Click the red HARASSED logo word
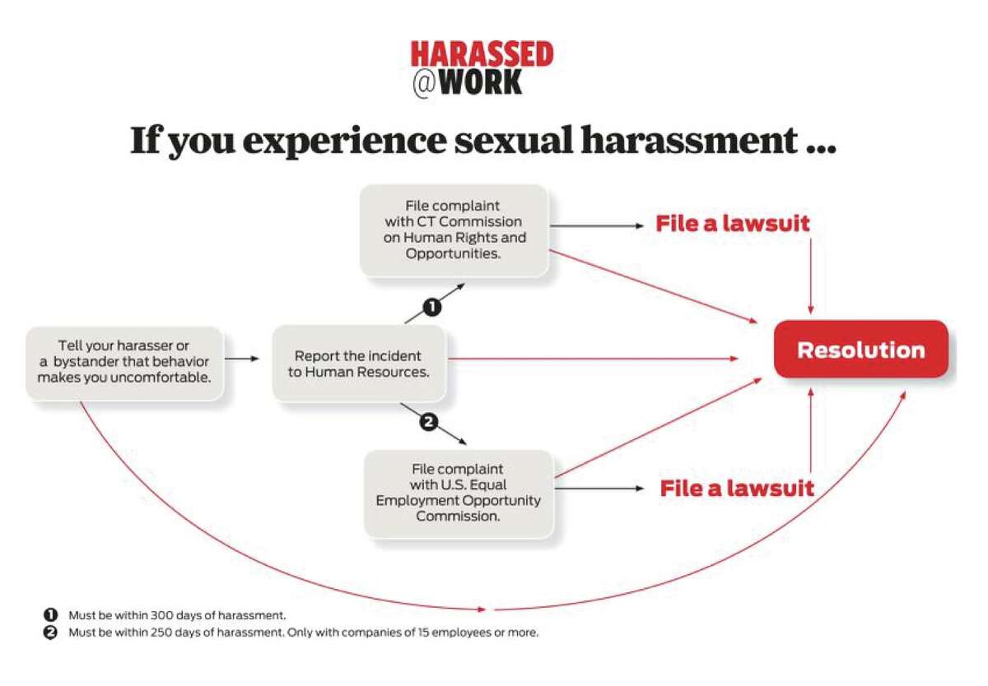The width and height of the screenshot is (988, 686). (x=482, y=53)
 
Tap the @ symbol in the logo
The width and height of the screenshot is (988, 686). (x=424, y=83)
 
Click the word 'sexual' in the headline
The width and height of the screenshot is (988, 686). (x=514, y=140)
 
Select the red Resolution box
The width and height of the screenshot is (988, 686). (x=861, y=350)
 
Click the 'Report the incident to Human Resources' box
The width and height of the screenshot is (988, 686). (x=359, y=364)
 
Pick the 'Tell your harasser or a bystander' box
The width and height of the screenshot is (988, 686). (x=124, y=362)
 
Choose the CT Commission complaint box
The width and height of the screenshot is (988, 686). (x=454, y=230)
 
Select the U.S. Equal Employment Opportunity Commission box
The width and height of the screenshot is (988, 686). (x=459, y=493)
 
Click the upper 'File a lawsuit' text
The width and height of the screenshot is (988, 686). (x=733, y=224)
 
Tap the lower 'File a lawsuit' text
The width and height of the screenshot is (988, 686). (x=737, y=488)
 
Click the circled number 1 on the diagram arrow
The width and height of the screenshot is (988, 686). (x=432, y=307)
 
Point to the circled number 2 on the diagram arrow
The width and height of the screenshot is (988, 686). (x=428, y=422)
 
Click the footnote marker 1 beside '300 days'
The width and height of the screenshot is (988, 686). (x=50, y=614)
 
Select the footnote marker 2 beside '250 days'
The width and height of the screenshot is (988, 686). (x=50, y=633)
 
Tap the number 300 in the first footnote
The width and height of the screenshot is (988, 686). (x=161, y=615)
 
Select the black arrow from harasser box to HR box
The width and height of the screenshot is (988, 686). (x=242, y=359)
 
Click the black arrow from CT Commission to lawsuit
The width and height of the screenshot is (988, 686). (x=597, y=226)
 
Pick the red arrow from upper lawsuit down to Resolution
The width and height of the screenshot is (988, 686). (x=810, y=276)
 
